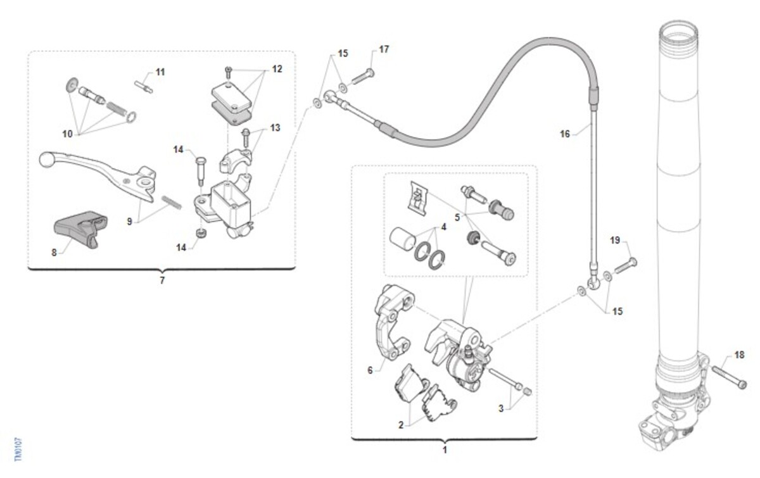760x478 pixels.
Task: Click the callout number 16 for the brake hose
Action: pos(564,134)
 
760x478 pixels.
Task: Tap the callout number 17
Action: pos(384,49)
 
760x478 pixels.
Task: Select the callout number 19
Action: pos(615,240)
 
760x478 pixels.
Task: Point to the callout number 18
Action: pos(739,355)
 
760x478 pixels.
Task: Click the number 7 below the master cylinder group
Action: pos(162,280)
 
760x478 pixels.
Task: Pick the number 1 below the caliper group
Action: pos(445,450)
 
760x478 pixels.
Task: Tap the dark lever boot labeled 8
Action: pos(81,229)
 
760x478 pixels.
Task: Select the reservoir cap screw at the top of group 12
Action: pos(228,72)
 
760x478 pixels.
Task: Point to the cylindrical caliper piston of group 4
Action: pos(403,240)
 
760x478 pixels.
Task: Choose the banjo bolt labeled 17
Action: pos(364,77)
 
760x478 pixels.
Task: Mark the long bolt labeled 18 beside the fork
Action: pos(728,377)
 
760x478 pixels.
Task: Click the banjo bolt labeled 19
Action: pos(625,266)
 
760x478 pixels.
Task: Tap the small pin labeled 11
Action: pos(144,86)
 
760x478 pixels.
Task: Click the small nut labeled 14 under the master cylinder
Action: pos(201,234)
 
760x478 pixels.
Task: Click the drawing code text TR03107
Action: pos(18,449)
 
